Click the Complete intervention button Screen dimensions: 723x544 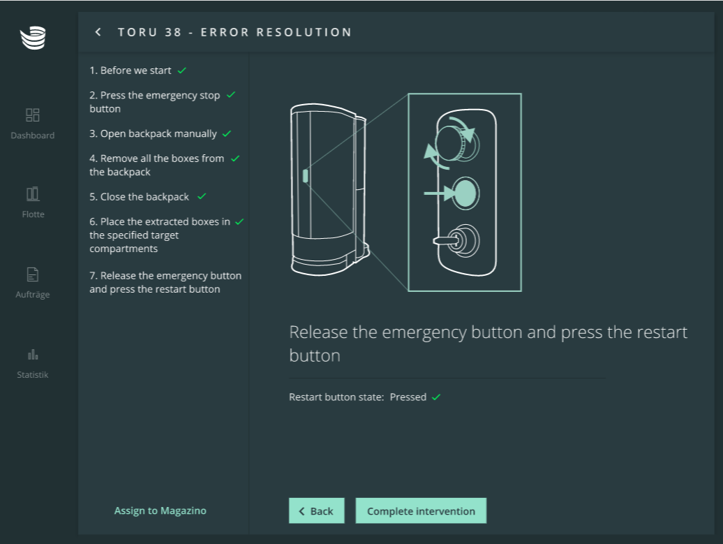421,510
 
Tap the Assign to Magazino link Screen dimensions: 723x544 160,510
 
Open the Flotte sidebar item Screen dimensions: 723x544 33,202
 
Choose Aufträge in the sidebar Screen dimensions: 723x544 32,283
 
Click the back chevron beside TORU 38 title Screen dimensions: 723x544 98,32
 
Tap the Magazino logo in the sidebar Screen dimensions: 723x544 33,38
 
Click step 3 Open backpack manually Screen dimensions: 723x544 160,133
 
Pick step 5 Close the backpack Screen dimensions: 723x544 147,196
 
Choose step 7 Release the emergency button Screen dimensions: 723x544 165,282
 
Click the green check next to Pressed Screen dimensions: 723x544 436,397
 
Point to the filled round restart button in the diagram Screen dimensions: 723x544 465,193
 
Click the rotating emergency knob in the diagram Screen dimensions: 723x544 454,142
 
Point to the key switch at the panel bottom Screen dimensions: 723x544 458,240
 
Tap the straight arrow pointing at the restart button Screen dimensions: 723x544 439,193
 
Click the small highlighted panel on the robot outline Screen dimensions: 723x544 305,176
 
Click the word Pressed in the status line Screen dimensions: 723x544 408,397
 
